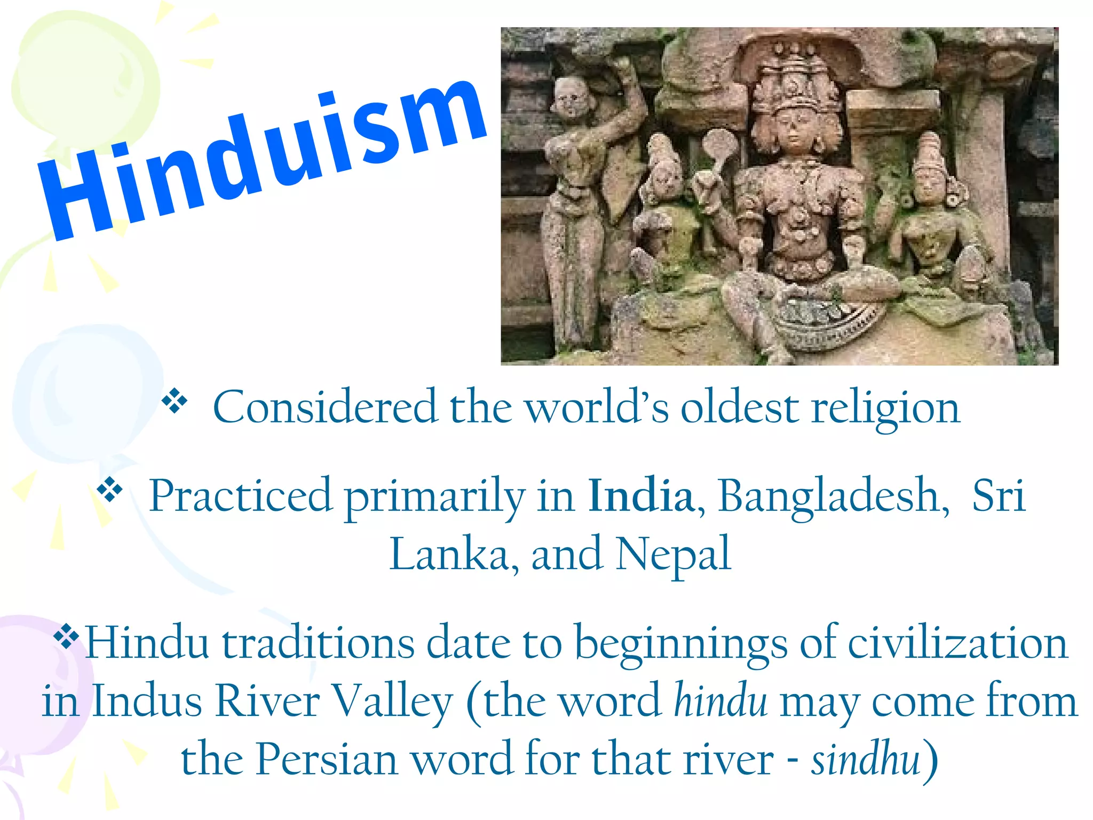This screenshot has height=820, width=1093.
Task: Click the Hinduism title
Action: pyautogui.click(x=262, y=160)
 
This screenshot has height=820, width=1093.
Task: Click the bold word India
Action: pyautogui.click(x=640, y=495)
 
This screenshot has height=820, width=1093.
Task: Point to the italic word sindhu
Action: pyautogui.click(x=866, y=758)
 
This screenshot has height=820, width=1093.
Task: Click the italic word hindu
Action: pyautogui.click(x=720, y=700)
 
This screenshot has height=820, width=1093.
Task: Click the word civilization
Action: pyautogui.click(x=958, y=643)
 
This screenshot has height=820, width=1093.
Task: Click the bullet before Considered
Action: pyautogui.click(x=175, y=401)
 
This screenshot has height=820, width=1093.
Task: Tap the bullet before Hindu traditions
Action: pyautogui.click(x=66, y=636)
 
